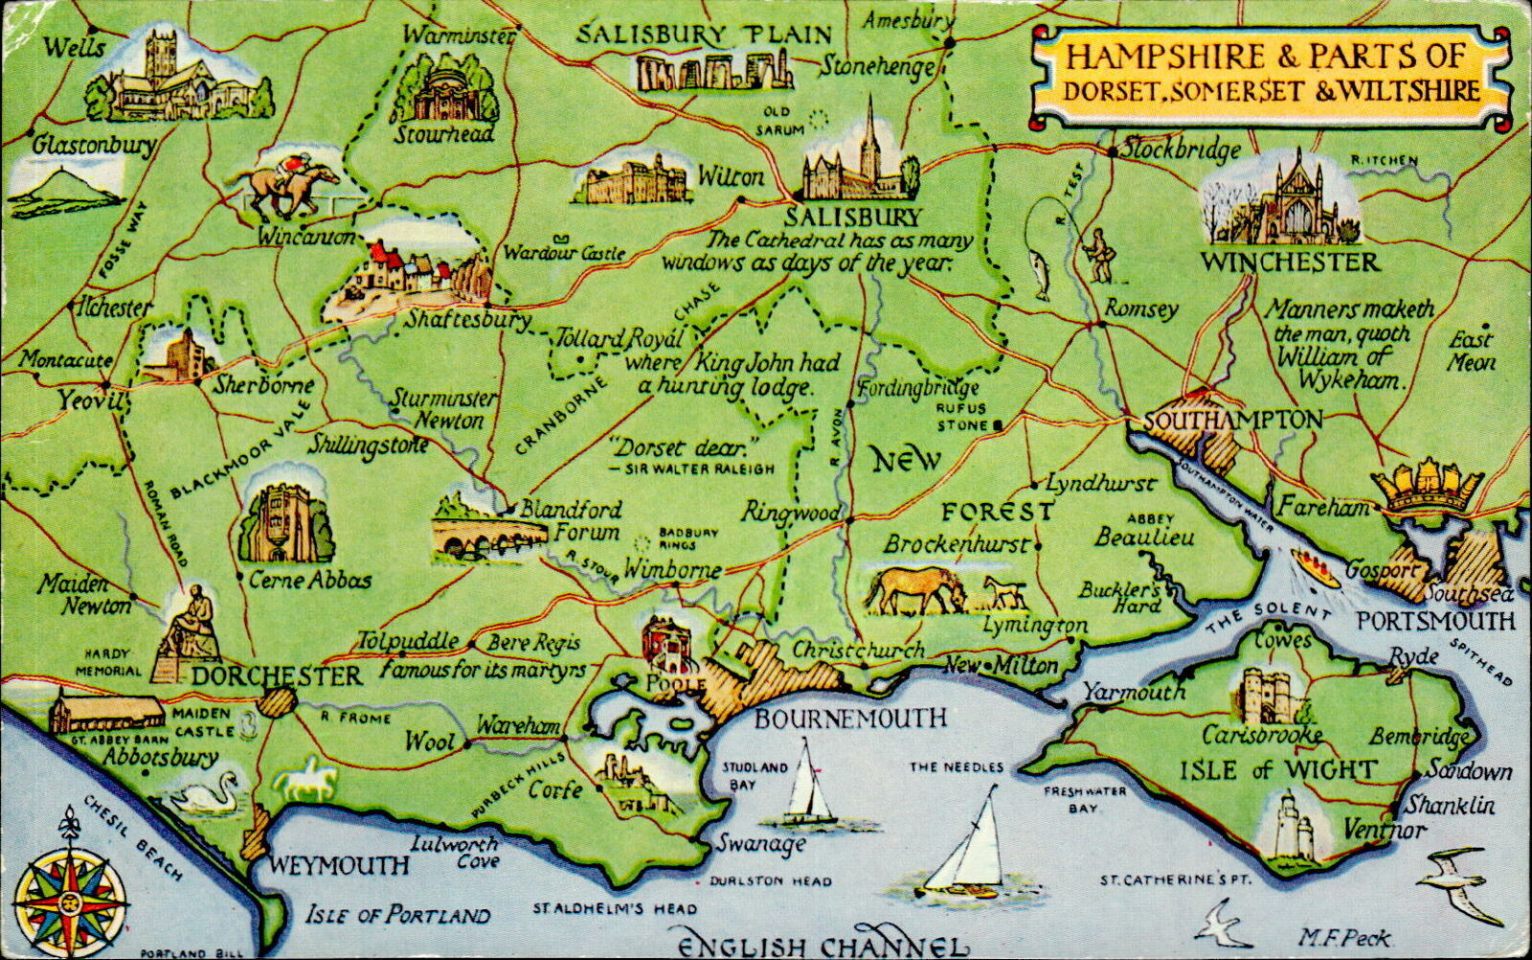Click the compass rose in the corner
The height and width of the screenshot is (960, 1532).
(71, 899)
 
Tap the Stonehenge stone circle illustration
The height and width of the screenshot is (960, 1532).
(714, 71)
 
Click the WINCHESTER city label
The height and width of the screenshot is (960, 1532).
(1292, 263)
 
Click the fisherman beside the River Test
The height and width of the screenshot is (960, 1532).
(1100, 255)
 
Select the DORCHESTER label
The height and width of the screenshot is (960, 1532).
(278, 676)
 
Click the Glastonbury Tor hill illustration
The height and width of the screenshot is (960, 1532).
(65, 188)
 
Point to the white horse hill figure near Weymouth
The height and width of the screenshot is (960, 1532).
(305, 780)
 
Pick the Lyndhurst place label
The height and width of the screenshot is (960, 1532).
(1100, 485)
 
